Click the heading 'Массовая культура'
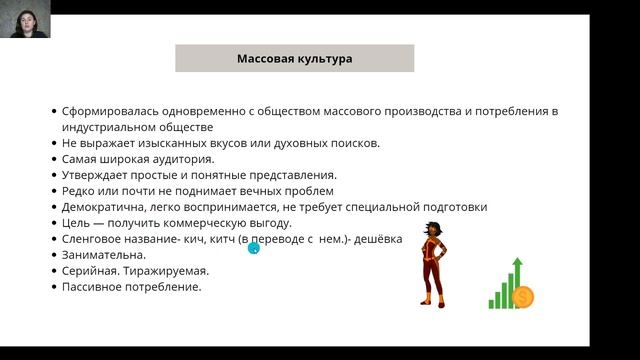click(x=294, y=59)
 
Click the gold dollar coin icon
click(x=522, y=297)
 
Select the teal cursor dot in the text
click(x=253, y=247)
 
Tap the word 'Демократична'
click(x=104, y=207)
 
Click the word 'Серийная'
click(x=89, y=271)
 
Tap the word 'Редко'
click(x=79, y=191)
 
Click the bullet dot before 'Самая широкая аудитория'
click(x=53, y=159)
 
